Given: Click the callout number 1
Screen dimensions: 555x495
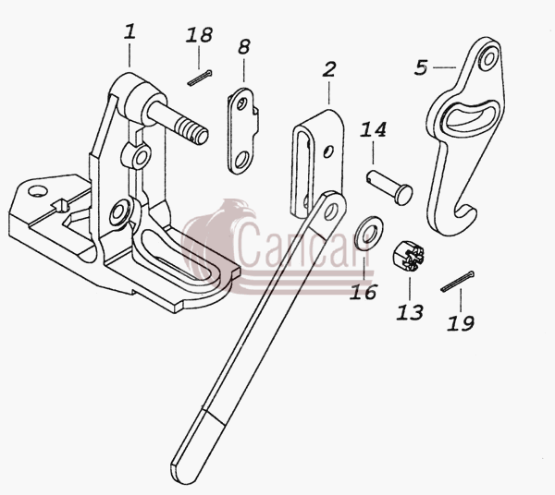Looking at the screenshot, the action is point(129,31).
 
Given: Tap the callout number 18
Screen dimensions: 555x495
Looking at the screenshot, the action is point(199,35).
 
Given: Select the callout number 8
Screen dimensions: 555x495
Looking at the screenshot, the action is point(244,47).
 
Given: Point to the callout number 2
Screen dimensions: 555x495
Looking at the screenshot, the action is point(328,69).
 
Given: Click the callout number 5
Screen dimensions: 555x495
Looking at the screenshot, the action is point(421,67).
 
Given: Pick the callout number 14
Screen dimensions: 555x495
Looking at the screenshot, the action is point(374,129).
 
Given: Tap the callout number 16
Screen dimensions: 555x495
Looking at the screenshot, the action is point(364,292).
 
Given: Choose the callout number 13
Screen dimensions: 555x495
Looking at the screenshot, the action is point(410,312).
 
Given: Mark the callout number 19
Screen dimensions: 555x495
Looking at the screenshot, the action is point(461,323).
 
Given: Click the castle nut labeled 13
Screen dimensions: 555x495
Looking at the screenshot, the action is point(408,256).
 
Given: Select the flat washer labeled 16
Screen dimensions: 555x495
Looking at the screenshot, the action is point(368,233).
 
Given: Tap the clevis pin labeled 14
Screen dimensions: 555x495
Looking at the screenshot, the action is point(389,187).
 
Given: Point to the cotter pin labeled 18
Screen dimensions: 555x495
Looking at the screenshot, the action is point(200,78).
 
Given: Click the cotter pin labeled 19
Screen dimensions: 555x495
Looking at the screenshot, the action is point(458,282).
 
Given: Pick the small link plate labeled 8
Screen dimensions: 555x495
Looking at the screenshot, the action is point(242,131).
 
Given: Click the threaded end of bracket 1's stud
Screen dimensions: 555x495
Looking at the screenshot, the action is point(191,129).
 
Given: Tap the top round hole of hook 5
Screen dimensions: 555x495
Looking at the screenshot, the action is point(488,59).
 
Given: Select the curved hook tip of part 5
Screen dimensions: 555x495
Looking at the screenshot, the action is point(465,212).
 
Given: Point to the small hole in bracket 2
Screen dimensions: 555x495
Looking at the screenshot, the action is point(328,151).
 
